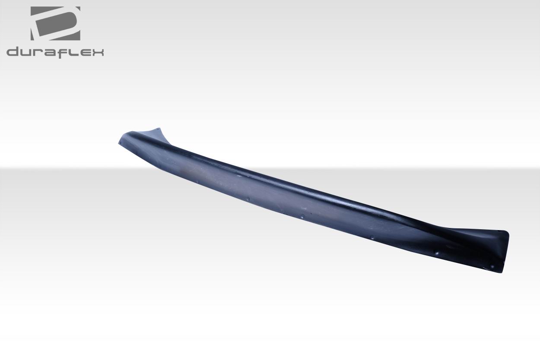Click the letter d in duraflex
click(13, 53)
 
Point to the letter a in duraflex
click(49, 53)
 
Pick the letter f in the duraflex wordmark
click(61, 52)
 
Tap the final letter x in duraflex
click(97, 53)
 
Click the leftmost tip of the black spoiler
click(119, 142)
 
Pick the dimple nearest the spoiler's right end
click(491, 266)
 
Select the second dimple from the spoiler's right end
click(437, 253)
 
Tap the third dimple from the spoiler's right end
click(372, 237)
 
